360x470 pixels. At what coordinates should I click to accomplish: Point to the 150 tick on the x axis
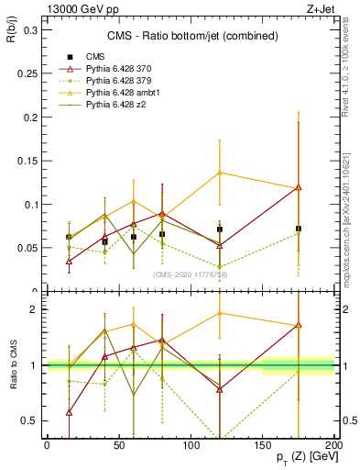(263, 444)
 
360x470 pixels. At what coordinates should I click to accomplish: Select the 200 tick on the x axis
(334, 444)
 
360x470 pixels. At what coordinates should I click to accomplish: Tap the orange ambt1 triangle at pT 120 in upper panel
(220, 173)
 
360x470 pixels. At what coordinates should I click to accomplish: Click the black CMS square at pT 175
(299, 229)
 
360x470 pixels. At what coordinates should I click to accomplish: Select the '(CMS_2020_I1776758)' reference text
(190, 275)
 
